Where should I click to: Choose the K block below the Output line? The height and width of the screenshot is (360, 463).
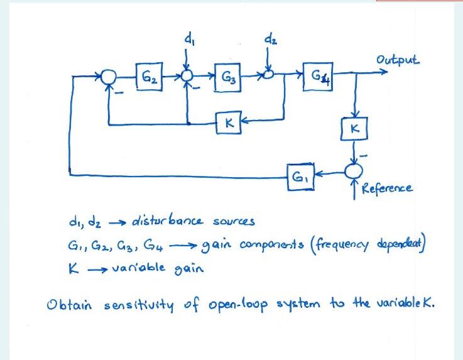(356, 129)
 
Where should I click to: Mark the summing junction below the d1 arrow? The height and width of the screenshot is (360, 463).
(187, 76)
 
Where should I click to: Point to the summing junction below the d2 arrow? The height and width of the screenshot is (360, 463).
(268, 75)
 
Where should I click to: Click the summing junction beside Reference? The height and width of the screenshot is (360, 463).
(356, 170)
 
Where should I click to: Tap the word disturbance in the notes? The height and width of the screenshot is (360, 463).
(161, 221)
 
